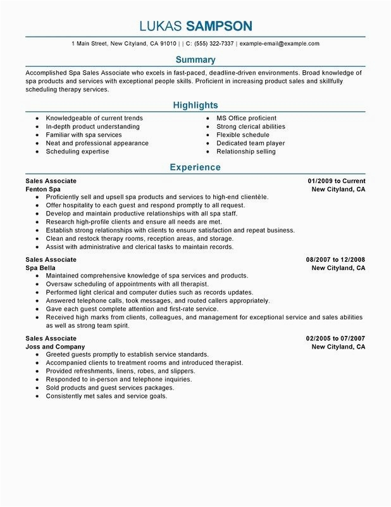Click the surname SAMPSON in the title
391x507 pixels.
(218, 26)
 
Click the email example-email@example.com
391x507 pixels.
(279, 44)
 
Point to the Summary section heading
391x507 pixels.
(195, 60)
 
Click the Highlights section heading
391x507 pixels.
(195, 105)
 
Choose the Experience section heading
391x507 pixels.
(195, 167)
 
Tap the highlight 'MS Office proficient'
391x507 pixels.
(246, 118)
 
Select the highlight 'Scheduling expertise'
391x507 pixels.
(77, 151)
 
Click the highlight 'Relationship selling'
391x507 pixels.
(245, 151)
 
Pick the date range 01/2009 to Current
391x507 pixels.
(335, 181)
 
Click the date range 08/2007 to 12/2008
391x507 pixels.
(335, 260)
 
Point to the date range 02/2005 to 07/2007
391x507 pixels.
(335, 339)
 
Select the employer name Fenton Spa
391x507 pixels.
(44, 189)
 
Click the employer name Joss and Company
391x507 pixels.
(55, 347)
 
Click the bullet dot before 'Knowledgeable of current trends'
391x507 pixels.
(37, 119)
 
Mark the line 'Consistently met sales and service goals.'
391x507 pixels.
(106, 396)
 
